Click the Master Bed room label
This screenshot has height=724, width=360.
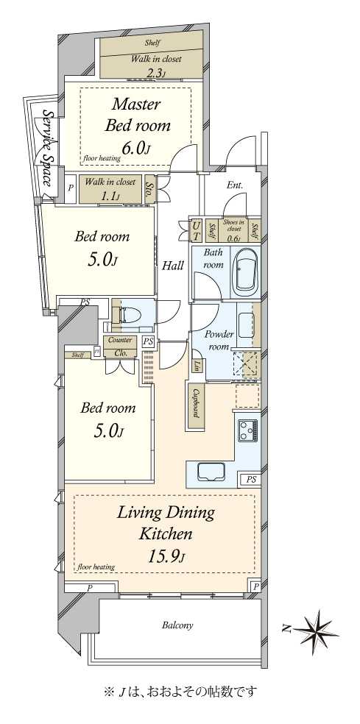(137, 115)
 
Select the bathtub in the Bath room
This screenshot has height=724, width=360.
(244, 272)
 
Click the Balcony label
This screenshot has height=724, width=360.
(177, 625)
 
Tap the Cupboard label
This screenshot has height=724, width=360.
(197, 403)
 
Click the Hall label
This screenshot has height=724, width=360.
(173, 266)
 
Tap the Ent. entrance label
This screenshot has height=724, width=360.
(236, 185)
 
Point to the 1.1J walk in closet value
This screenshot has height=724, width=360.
(111, 195)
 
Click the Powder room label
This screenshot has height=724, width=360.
(219, 341)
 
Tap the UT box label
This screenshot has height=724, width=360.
(197, 231)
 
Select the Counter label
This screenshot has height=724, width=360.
(120, 340)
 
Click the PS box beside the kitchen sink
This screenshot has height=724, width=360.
(250, 480)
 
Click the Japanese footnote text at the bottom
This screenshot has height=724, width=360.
(180, 692)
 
